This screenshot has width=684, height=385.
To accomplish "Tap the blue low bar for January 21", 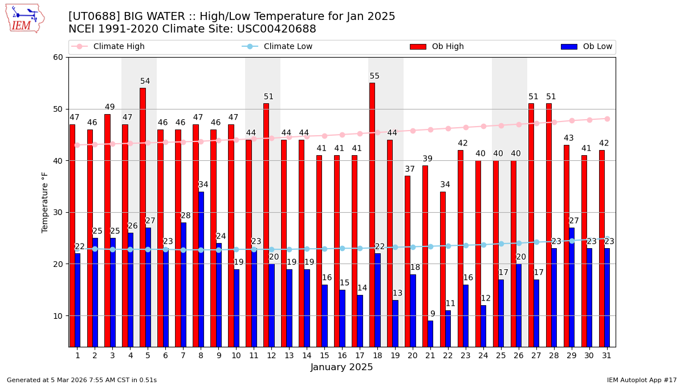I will pyautogui.click(x=430, y=334).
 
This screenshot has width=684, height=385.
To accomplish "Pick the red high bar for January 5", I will pyautogui.click(x=142, y=217).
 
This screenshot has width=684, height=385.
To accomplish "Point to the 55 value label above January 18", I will pyautogui.click(x=374, y=76).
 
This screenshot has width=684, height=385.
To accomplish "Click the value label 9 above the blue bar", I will pyautogui.click(x=433, y=314).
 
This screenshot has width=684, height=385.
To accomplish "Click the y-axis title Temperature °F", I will pyautogui.click(x=45, y=202).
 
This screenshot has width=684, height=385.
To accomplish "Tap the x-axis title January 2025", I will pyautogui.click(x=341, y=367).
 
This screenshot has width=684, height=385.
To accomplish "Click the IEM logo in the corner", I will pyautogui.click(x=25, y=18).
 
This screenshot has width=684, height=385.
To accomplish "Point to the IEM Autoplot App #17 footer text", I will pyautogui.click(x=642, y=380).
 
